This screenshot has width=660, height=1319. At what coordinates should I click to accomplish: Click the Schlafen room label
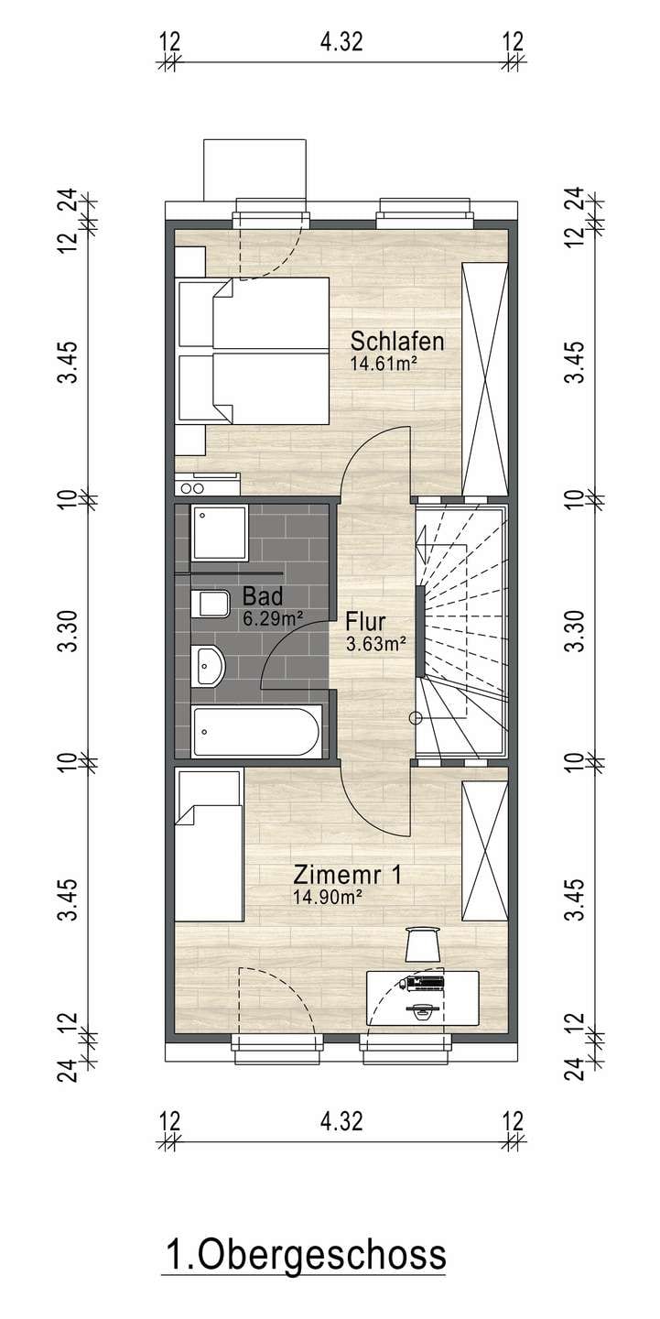tap(397, 341)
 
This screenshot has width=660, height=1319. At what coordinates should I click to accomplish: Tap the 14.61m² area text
tap(384, 362)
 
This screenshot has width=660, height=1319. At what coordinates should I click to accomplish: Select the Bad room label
tap(263, 596)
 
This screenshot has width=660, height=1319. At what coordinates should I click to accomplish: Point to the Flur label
tap(365, 621)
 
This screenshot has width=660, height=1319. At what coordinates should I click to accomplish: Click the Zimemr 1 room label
tap(347, 875)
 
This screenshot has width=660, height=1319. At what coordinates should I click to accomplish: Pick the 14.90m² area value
tap(327, 896)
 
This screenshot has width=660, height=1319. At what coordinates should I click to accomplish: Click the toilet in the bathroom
tap(210, 603)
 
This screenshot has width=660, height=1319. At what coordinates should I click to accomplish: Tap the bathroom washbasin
tap(209, 666)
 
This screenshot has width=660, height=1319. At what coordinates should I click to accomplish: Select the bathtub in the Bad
tap(257, 731)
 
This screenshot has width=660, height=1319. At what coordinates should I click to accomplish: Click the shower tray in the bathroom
tap(220, 531)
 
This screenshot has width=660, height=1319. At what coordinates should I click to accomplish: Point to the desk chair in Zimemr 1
tap(423, 943)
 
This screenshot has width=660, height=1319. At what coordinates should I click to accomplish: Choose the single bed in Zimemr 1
tap(210, 844)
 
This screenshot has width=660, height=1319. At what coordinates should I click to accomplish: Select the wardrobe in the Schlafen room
tap(485, 379)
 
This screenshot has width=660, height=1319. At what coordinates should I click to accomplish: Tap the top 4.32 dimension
tap(341, 42)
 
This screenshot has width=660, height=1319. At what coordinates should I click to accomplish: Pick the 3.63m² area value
tap(376, 644)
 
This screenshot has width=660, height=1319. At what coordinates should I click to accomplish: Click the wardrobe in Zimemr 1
tap(485, 851)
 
